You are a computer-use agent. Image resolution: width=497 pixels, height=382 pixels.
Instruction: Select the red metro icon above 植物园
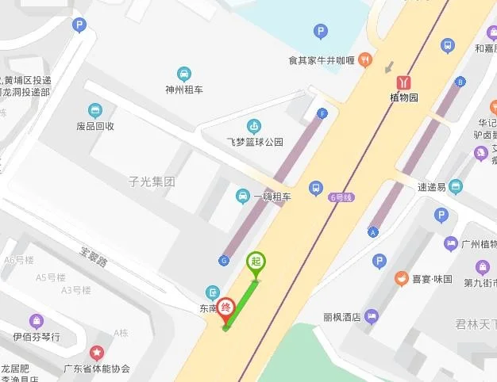405,82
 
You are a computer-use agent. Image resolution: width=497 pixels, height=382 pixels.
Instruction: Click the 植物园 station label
404,98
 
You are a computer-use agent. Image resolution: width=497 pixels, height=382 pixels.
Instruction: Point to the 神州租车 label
183,90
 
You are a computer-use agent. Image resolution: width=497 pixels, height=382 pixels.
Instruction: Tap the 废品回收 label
95,126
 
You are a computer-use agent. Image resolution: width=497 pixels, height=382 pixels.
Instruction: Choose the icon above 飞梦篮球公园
254,126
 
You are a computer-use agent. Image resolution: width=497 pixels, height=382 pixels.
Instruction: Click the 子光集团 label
151,181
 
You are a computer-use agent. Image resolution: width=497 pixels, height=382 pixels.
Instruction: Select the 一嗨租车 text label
272,197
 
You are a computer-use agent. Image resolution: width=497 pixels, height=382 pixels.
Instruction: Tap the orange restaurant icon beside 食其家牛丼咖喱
364,59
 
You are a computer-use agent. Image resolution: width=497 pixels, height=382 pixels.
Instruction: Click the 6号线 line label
339,197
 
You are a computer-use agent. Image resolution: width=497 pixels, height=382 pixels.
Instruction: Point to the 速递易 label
433,187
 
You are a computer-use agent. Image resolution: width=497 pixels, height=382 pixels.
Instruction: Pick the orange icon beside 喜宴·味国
402,279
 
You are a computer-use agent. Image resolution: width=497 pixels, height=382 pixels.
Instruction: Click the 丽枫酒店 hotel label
342,317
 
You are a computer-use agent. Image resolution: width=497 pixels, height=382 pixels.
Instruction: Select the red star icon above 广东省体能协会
97,353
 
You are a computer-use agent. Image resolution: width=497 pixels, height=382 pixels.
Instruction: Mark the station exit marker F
322,113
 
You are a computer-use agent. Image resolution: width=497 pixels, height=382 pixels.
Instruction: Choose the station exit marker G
224,260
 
